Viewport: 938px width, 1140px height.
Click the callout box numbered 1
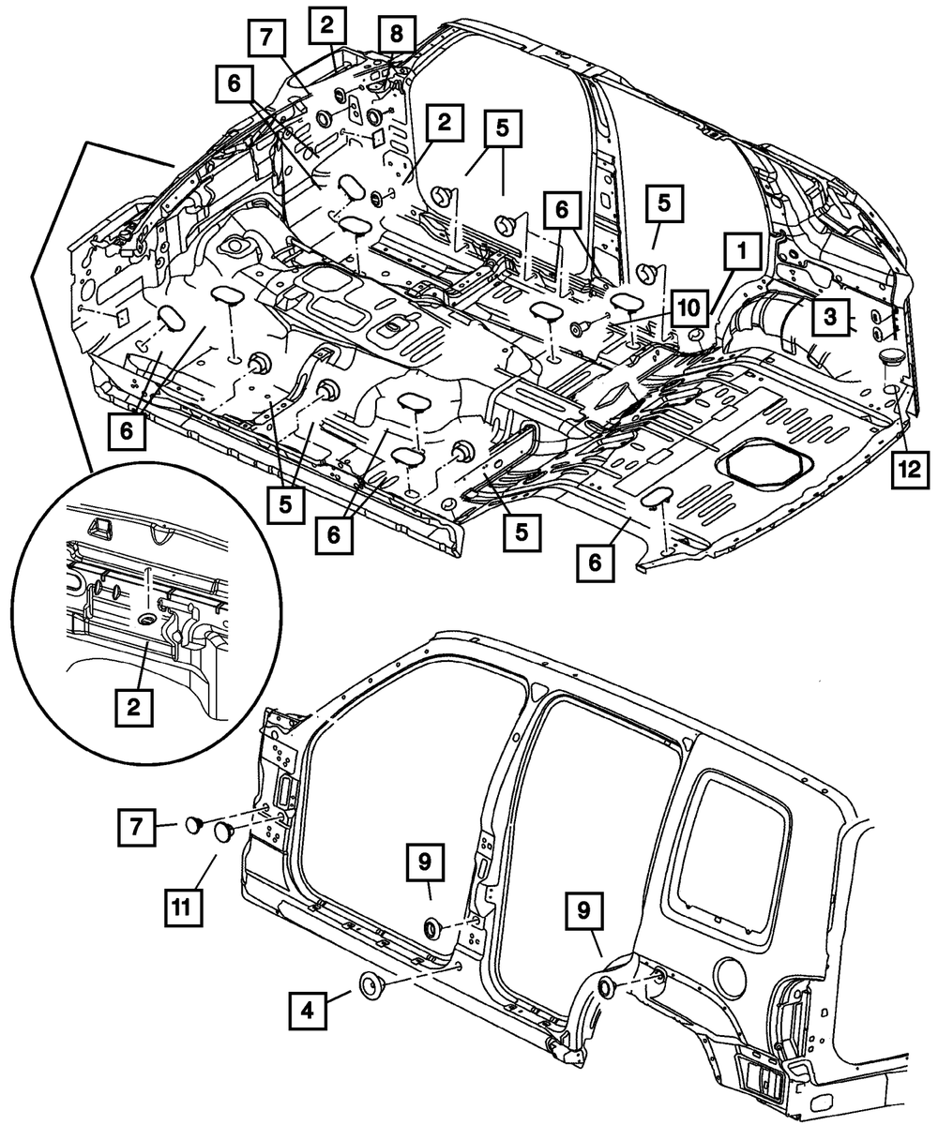point(741,252)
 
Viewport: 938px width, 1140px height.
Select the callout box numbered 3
point(830,317)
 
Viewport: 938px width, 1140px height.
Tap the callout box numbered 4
point(307,1012)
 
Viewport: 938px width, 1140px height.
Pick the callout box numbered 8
point(397,34)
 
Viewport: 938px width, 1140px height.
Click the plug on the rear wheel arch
point(606,986)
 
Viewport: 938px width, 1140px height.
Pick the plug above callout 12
point(894,359)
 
